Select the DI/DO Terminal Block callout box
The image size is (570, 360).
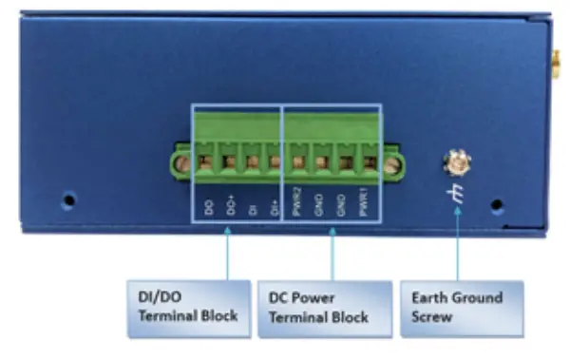point(189,306)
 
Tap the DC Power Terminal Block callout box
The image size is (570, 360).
point(324,306)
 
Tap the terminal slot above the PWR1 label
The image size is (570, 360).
point(368,162)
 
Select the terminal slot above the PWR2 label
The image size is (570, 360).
point(297,162)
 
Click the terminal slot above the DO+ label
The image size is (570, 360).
point(229,162)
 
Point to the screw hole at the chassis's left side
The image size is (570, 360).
point(68,200)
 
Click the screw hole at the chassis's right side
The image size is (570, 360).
point(496,203)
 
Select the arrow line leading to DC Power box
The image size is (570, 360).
point(332,252)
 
